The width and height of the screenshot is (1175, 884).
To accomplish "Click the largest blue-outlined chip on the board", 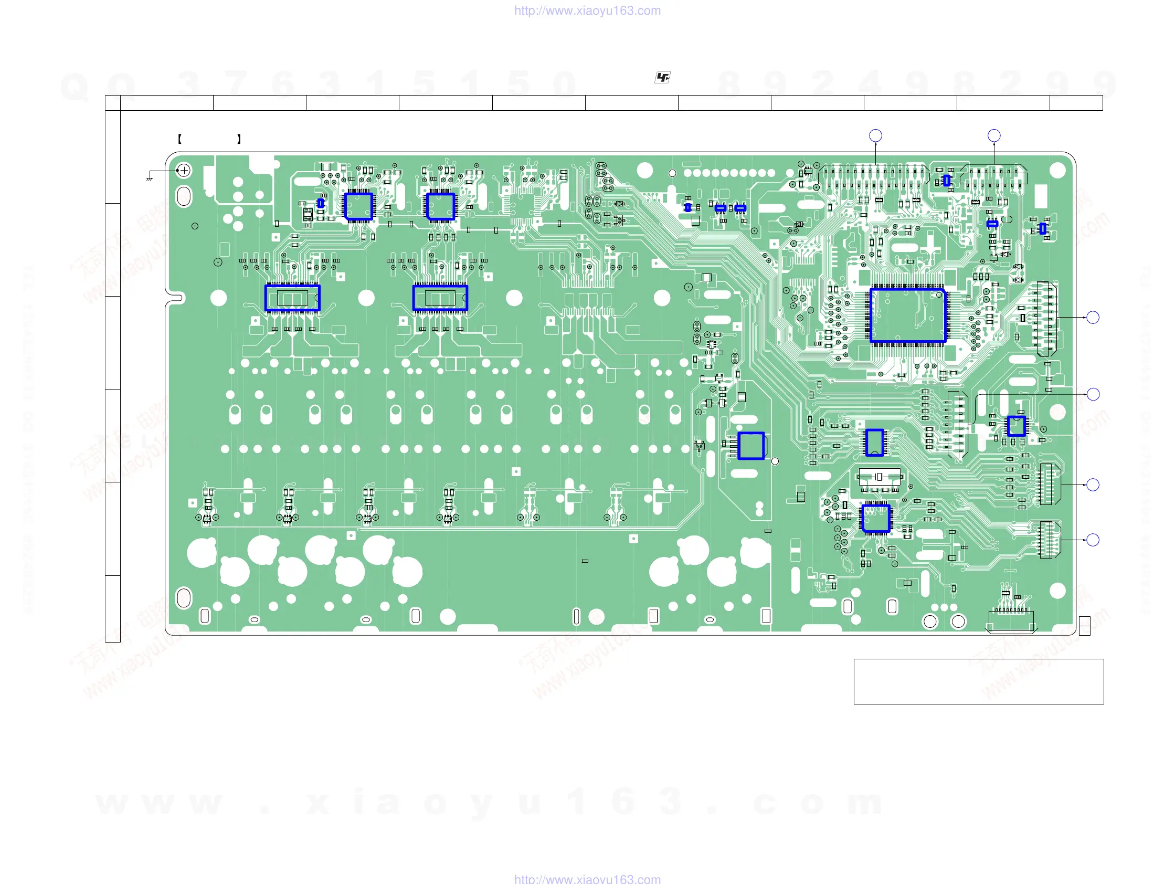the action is coord(908,315).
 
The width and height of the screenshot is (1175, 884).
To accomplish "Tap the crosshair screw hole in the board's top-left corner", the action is coord(184,171).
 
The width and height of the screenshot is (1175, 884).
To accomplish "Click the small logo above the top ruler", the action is coord(662,78).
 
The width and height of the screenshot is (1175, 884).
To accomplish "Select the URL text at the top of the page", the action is coord(587,10).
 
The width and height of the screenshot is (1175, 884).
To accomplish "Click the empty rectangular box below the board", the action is coord(978,681).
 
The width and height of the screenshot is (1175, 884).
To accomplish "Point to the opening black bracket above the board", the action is coord(179,139).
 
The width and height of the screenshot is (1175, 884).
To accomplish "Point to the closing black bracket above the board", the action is coord(239,139).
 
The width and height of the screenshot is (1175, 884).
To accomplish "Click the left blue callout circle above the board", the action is coord(875,135).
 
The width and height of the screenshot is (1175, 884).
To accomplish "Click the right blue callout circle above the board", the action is coord(994,135).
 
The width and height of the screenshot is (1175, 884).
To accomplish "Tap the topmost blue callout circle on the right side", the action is coord(1093,317).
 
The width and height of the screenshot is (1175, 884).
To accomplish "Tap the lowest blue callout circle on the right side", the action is coord(1093,540).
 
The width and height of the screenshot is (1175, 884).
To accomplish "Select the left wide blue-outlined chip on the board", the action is coord(292,298).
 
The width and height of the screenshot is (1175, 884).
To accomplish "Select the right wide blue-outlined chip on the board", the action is coord(440,298).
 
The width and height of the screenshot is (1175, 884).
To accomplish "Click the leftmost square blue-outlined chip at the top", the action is coord(358,206).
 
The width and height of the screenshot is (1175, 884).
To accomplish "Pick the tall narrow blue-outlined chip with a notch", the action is coord(874,443).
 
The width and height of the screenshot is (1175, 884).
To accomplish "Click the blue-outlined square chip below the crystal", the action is coord(875,518).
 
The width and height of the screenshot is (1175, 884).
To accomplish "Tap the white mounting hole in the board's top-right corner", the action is coord(1057,171).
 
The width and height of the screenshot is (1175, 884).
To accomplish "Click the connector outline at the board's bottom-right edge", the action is coord(1011,622).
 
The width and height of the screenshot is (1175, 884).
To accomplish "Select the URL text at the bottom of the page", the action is coord(587,879).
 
